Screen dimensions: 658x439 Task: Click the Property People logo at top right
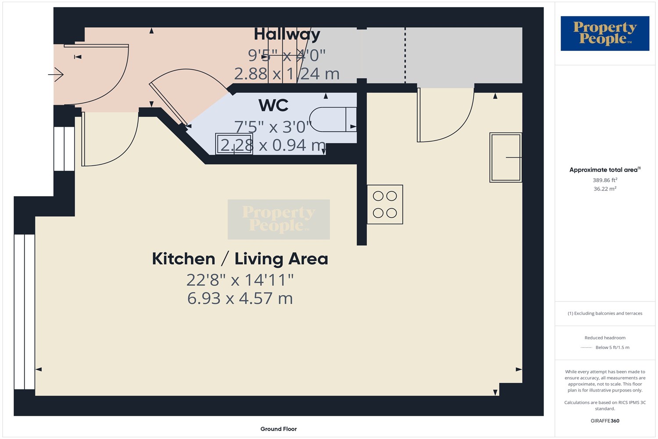[604, 33]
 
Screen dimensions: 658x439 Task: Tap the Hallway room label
[287, 35]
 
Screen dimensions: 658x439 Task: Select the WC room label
[273, 105]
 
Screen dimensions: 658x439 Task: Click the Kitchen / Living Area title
[240, 259]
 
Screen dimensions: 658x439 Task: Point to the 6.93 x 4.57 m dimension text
[240, 299]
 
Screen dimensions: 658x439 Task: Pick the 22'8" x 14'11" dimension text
[240, 280]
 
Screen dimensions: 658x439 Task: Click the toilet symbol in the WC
[333, 119]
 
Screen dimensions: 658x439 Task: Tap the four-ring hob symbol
[385, 205]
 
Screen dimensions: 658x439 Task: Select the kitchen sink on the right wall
[505, 158]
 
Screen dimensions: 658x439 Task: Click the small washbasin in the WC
[234, 144]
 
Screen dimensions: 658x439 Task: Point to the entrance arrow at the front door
[56, 74]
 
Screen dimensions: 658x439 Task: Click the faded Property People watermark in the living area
[279, 219]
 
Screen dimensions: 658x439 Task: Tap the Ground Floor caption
[279, 429]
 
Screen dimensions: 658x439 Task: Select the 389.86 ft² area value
[605, 180]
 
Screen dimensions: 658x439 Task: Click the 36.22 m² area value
[605, 188]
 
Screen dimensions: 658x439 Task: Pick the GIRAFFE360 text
[605, 421]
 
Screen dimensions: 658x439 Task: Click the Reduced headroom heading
[605, 338]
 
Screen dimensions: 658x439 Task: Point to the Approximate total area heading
[605, 169]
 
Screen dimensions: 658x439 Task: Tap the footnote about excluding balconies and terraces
[605, 313]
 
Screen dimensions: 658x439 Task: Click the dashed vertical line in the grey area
[405, 55]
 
